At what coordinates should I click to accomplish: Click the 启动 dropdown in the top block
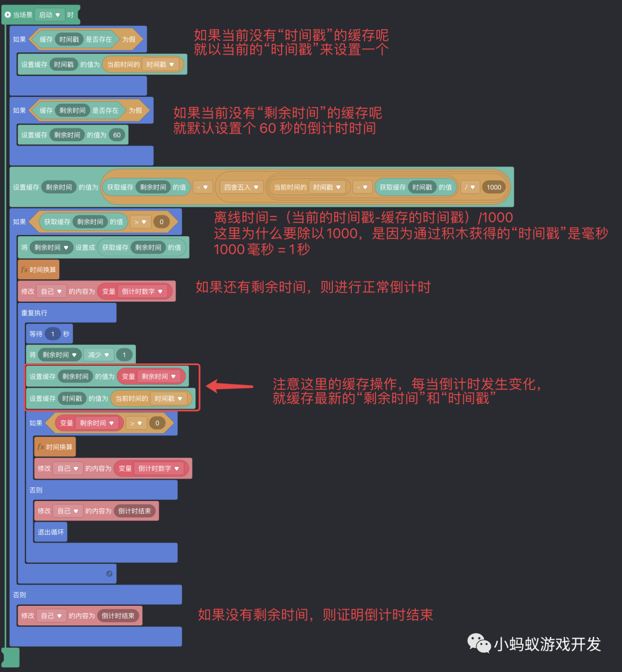pyautogui.click(x=49, y=14)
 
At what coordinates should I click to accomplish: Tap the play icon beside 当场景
pyautogui.click(x=7, y=14)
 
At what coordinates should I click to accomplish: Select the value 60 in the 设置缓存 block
pyautogui.click(x=117, y=135)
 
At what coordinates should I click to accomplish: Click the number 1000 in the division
pyautogui.click(x=494, y=187)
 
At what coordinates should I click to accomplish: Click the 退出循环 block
pyautogui.click(x=51, y=532)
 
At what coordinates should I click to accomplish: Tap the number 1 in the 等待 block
pyautogui.click(x=53, y=334)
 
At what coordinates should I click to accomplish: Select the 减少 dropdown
pyautogui.click(x=98, y=355)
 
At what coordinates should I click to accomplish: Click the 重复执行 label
pyautogui.click(x=35, y=313)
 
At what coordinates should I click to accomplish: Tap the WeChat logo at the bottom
pyautogui.click(x=479, y=643)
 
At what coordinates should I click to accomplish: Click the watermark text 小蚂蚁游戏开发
pyautogui.click(x=547, y=644)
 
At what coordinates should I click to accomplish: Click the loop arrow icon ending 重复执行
pyautogui.click(x=109, y=574)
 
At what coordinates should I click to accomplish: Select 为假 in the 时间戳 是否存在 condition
pyautogui.click(x=128, y=39)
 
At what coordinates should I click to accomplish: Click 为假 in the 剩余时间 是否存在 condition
pyautogui.click(x=135, y=110)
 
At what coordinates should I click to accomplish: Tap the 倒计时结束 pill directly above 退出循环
pyautogui.click(x=135, y=511)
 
